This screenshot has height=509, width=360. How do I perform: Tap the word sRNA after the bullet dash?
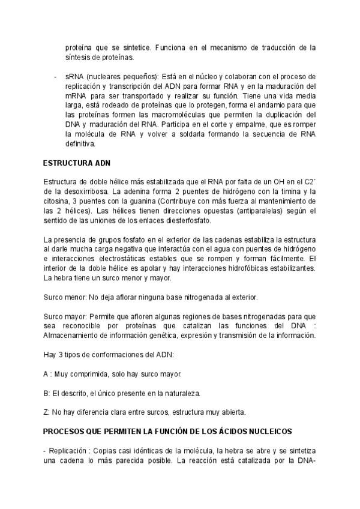click(76, 77)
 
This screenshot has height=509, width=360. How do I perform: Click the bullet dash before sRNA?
click(55, 77)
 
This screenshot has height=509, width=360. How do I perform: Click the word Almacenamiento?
click(74, 335)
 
